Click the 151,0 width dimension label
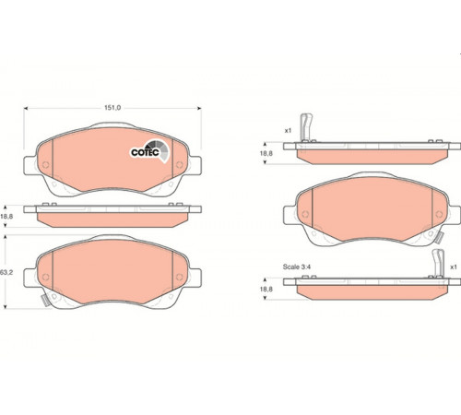pyautogui.click(x=112, y=108)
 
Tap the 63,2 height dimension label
pyautogui.click(x=6, y=272)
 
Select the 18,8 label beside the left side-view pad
pyautogui.click(x=6, y=217)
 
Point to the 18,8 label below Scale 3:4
pyautogui.click(x=266, y=290)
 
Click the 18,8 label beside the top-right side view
pyautogui.click(x=266, y=153)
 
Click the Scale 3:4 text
pyautogui.click(x=297, y=267)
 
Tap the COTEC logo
pyautogui.click(x=149, y=151)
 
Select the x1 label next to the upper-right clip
pyautogui.click(x=288, y=131)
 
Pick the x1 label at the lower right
pyautogui.click(x=454, y=267)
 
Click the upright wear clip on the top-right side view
pyautogui.click(x=306, y=127)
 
